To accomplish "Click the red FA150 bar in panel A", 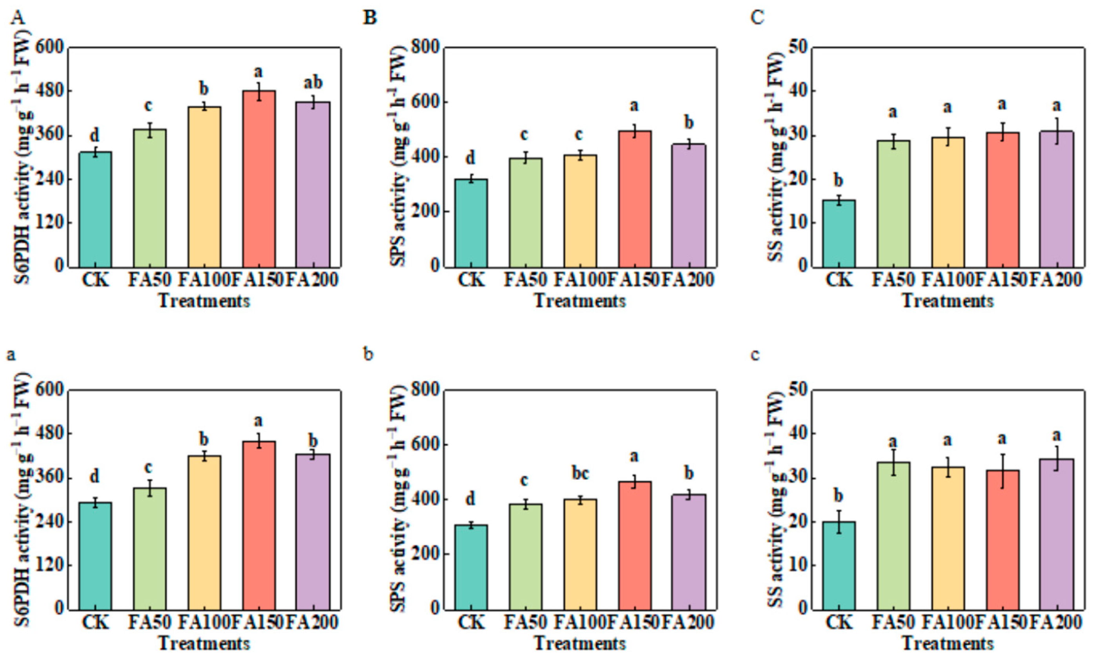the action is [x=259, y=178].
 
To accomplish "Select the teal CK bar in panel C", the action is [x=839, y=233].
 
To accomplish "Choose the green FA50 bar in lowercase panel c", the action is [x=893, y=535].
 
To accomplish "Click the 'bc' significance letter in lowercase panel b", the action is [x=580, y=474].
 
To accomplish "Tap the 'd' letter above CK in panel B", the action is [x=471, y=158].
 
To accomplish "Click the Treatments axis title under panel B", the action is [x=580, y=301].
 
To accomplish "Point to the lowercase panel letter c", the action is [x=755, y=355].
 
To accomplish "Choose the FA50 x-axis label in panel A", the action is [x=149, y=280].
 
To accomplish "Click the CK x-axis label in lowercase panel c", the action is [x=839, y=623].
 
